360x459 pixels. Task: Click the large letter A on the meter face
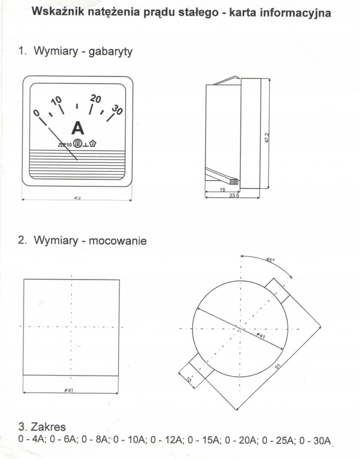click(77, 128)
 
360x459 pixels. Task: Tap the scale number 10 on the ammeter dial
click(56, 102)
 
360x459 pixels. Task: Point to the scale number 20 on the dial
click(96, 98)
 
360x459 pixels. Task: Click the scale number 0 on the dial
click(37, 114)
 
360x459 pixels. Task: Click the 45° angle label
click(269, 260)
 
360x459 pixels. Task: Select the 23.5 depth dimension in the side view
click(234, 195)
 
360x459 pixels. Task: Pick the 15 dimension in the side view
click(222, 188)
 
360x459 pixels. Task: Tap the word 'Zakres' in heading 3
click(50, 427)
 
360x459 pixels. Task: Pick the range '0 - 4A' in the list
click(32, 440)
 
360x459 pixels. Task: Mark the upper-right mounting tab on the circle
click(277, 290)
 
